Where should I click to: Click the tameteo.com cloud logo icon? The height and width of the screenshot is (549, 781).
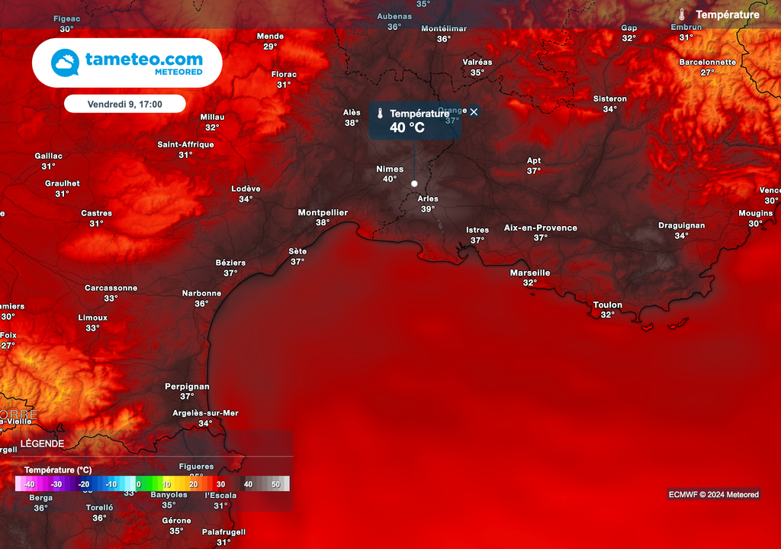(x=66, y=63)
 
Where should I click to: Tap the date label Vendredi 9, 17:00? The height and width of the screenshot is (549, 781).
(x=125, y=104)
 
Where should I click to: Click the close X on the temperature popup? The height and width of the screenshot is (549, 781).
(x=474, y=112)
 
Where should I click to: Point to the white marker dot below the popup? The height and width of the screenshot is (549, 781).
(x=414, y=183)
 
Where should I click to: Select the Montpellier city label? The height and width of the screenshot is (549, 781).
(x=323, y=212)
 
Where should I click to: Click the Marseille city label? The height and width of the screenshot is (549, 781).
(x=530, y=273)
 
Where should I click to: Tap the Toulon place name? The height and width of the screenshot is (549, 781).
(x=608, y=305)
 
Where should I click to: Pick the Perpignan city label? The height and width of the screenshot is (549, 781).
(x=187, y=386)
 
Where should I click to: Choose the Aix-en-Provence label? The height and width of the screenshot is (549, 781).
(x=540, y=228)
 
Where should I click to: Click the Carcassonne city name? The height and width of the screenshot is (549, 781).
(x=111, y=288)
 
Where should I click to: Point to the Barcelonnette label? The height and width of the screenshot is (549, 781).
(x=708, y=62)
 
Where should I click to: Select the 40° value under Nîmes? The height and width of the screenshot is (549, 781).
(x=390, y=179)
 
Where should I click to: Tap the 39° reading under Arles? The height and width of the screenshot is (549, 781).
(x=428, y=209)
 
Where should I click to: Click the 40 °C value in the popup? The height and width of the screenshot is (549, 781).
(x=407, y=128)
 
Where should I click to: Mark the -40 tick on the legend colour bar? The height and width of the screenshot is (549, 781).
(x=29, y=484)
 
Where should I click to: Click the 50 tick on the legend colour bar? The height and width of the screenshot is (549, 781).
(x=275, y=484)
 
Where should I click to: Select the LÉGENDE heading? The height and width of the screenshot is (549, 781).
(x=42, y=444)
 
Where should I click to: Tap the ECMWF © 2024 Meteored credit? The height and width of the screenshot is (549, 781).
(x=712, y=494)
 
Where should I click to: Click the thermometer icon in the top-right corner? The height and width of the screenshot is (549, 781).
(x=682, y=15)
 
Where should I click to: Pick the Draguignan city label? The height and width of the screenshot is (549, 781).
(x=682, y=225)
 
